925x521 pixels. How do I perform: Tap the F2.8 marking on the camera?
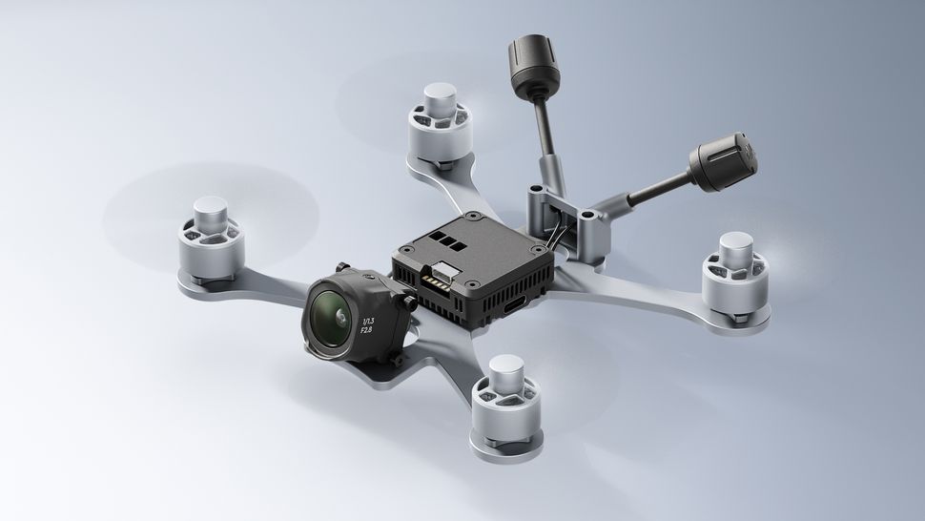365,330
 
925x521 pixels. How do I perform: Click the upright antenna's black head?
524,68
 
